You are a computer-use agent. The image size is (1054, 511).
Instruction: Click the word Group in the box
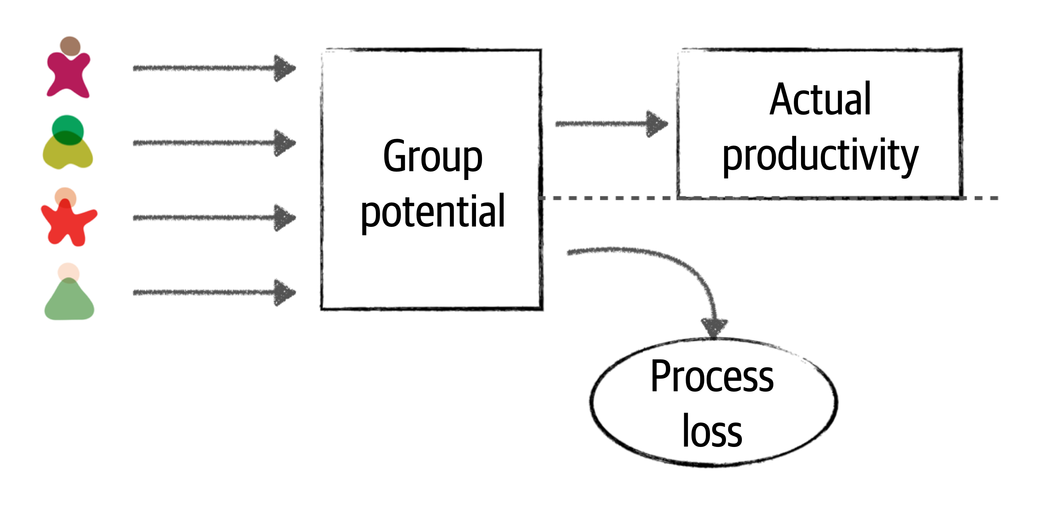coord(432,157)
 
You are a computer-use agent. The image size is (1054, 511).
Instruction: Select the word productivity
coord(820,155)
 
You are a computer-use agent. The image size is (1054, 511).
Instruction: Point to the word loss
coord(712,431)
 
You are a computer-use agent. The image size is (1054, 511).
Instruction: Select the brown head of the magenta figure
coord(70,46)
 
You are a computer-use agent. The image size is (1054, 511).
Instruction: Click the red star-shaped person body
coord(68,223)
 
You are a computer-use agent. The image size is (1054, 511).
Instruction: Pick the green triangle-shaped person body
coord(69,303)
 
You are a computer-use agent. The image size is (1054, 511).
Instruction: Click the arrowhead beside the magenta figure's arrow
coord(284,68)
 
